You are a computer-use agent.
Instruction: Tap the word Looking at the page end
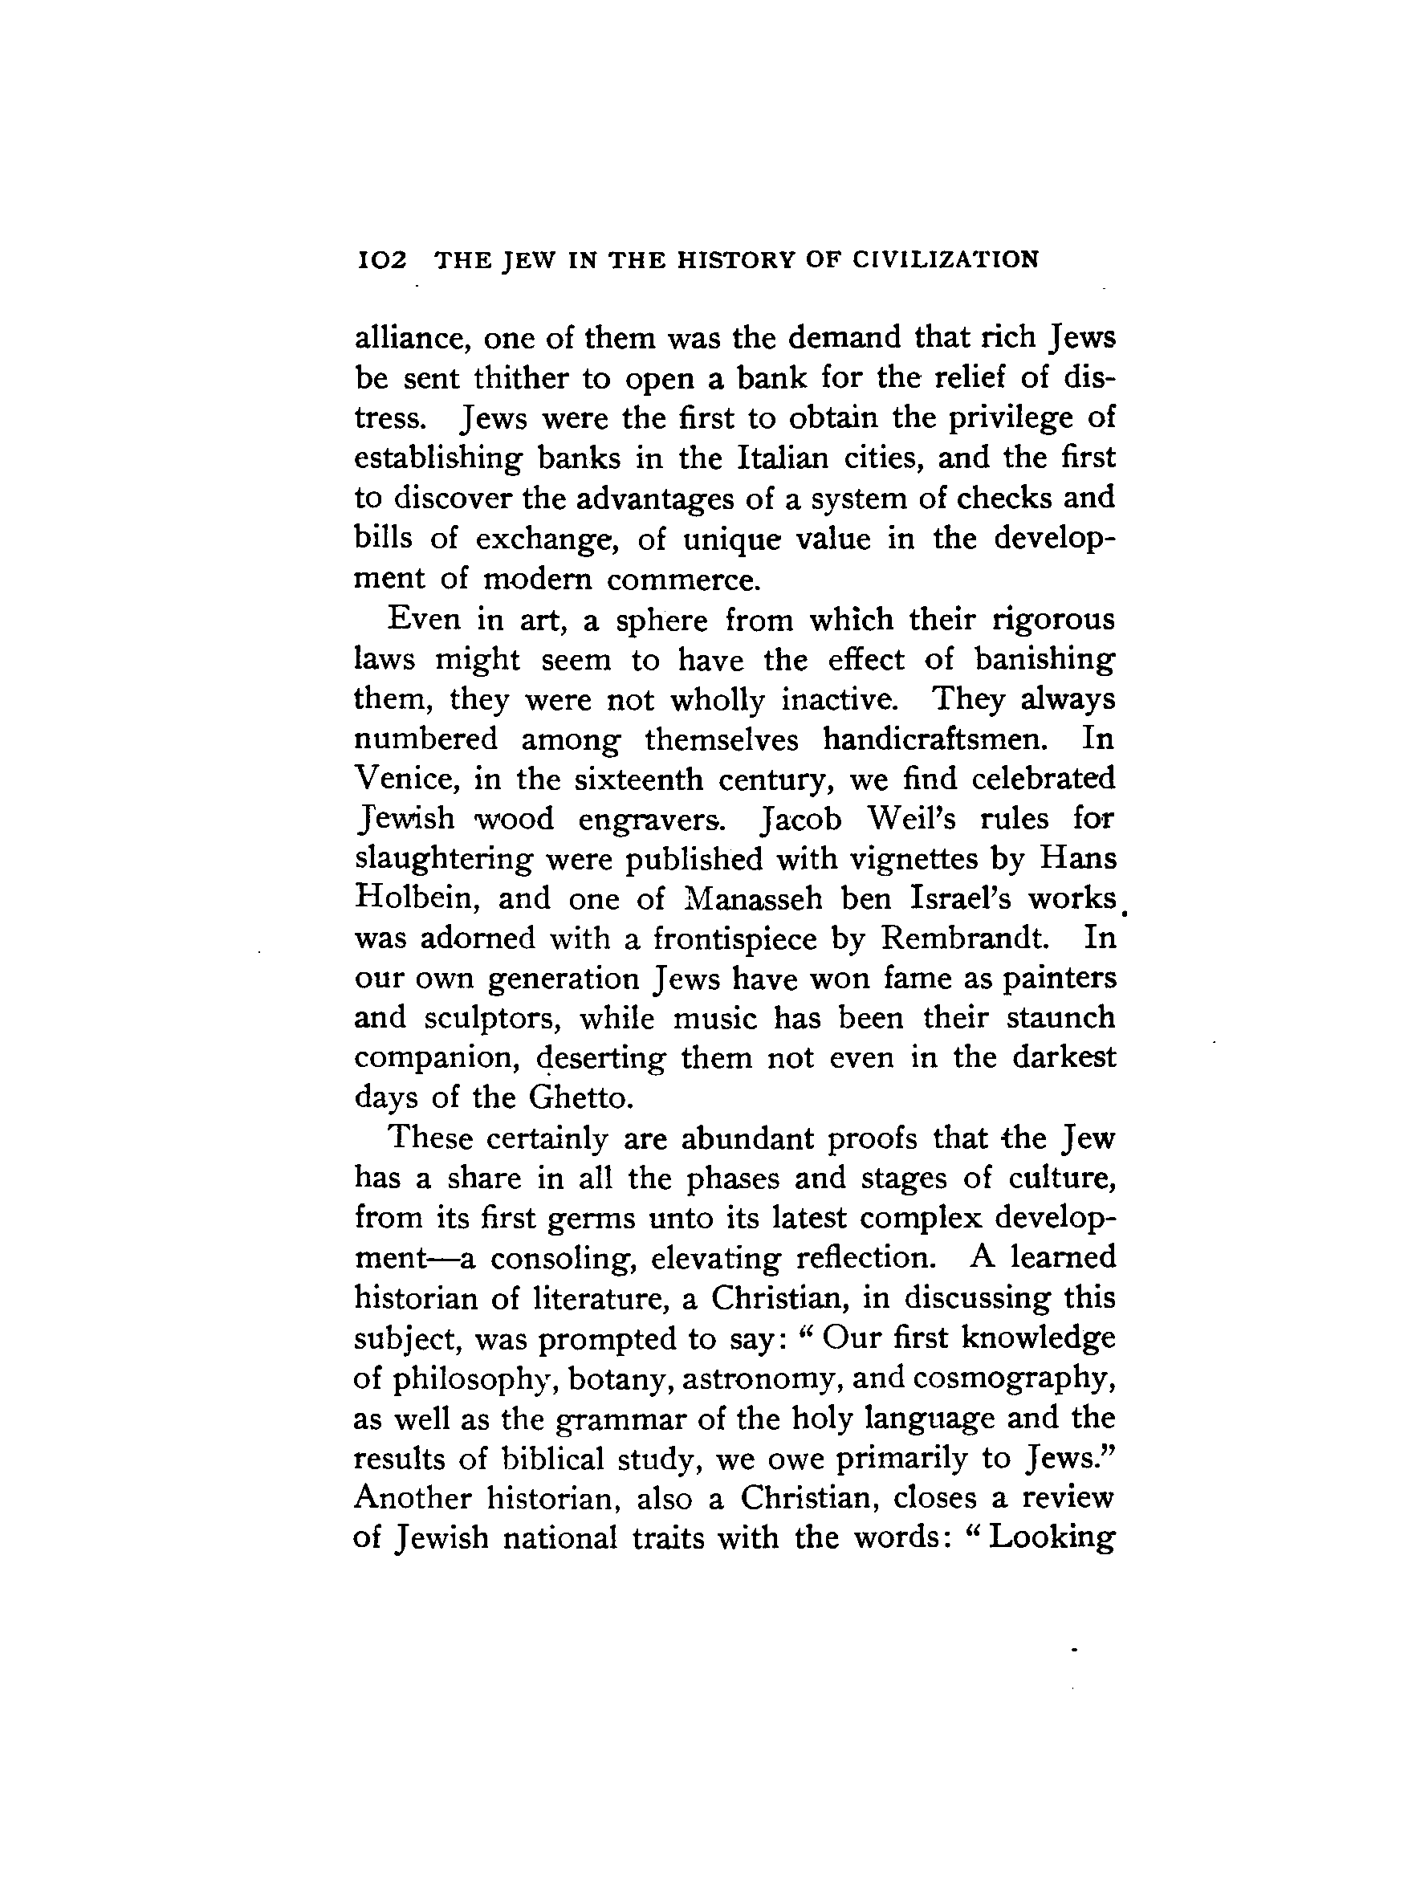(x=1052, y=1539)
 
